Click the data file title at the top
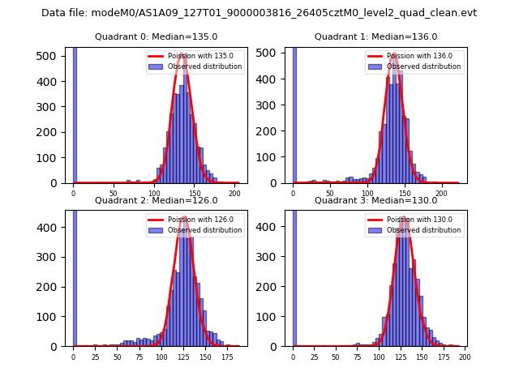(259, 13)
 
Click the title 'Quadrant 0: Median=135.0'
(156, 36)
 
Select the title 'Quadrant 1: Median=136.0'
(375, 36)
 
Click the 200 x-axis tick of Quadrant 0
(234, 194)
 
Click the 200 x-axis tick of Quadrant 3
(464, 357)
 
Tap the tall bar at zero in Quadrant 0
(74, 113)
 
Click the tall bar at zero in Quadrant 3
(294, 276)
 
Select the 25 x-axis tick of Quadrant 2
(95, 357)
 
